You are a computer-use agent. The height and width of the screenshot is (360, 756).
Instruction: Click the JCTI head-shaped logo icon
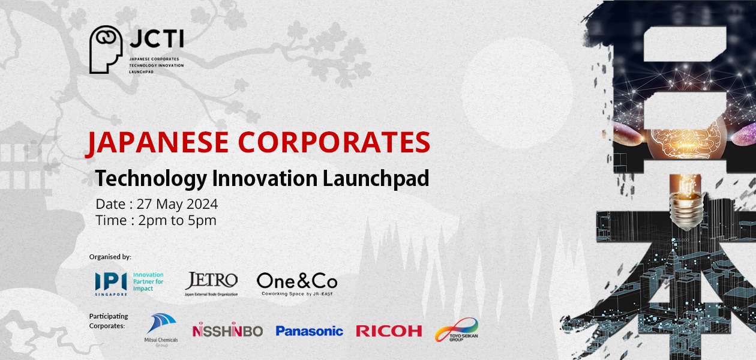click(x=106, y=49)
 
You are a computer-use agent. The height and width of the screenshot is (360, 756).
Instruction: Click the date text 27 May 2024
click(x=177, y=204)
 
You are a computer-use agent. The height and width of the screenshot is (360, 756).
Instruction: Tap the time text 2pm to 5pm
click(x=177, y=220)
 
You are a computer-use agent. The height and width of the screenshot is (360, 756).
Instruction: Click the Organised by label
click(x=110, y=257)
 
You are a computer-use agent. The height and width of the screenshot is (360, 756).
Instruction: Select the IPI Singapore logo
click(x=129, y=281)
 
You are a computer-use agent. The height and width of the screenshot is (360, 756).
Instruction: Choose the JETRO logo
click(x=211, y=283)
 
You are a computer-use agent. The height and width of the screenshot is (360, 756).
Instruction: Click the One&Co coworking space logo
click(x=297, y=283)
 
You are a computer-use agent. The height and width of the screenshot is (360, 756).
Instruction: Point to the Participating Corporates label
click(x=109, y=321)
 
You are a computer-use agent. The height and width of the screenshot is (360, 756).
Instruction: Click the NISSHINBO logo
click(x=227, y=331)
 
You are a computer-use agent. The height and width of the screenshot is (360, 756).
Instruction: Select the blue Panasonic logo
click(x=309, y=331)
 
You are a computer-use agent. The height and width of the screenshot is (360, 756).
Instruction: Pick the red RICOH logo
click(x=389, y=331)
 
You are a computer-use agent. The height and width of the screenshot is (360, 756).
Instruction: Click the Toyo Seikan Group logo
click(x=457, y=330)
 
